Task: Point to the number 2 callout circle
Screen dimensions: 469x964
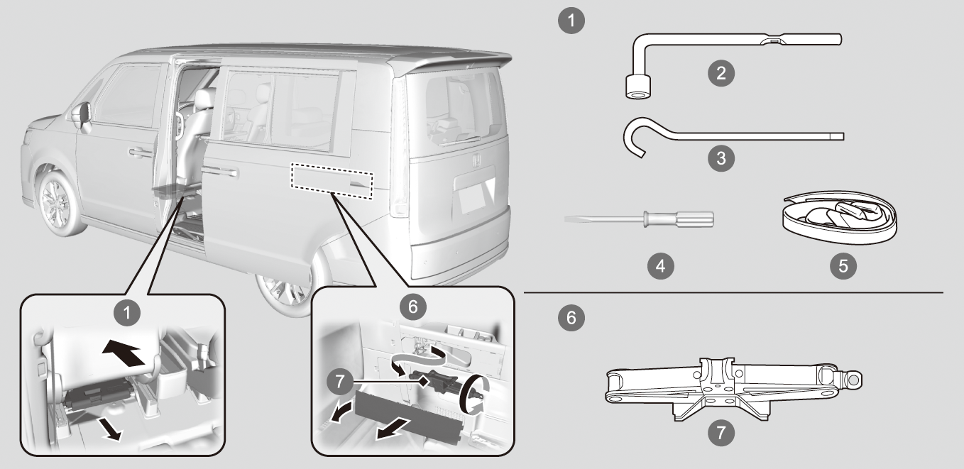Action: pos(722,73)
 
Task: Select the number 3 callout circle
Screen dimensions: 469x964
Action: pos(722,158)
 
